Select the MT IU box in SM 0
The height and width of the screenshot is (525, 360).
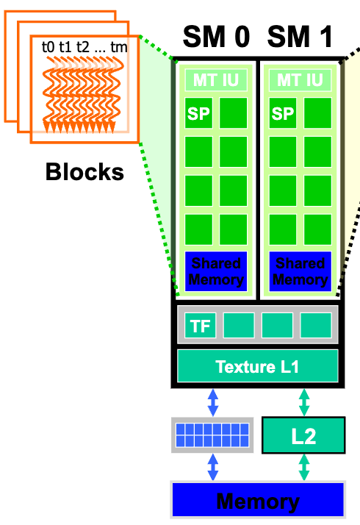[216, 79]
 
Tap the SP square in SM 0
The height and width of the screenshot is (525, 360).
[198, 114]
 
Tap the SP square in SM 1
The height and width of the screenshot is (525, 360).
[282, 114]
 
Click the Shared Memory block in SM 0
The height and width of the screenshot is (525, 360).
[216, 271]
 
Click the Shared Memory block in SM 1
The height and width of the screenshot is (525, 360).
[300, 271]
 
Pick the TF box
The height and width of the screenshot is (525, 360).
[200, 326]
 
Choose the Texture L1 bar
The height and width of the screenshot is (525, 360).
[257, 365]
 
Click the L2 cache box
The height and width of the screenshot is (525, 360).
[303, 436]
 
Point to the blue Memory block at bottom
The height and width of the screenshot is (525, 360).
[257, 501]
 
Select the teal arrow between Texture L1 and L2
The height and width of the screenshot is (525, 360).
[303, 401]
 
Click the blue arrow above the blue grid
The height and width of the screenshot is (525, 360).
[213, 401]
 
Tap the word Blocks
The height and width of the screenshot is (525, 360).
[84, 173]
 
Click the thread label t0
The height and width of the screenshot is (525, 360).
[48, 46]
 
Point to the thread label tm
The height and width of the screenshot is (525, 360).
[118, 46]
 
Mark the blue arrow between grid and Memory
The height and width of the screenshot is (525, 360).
[213, 467]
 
